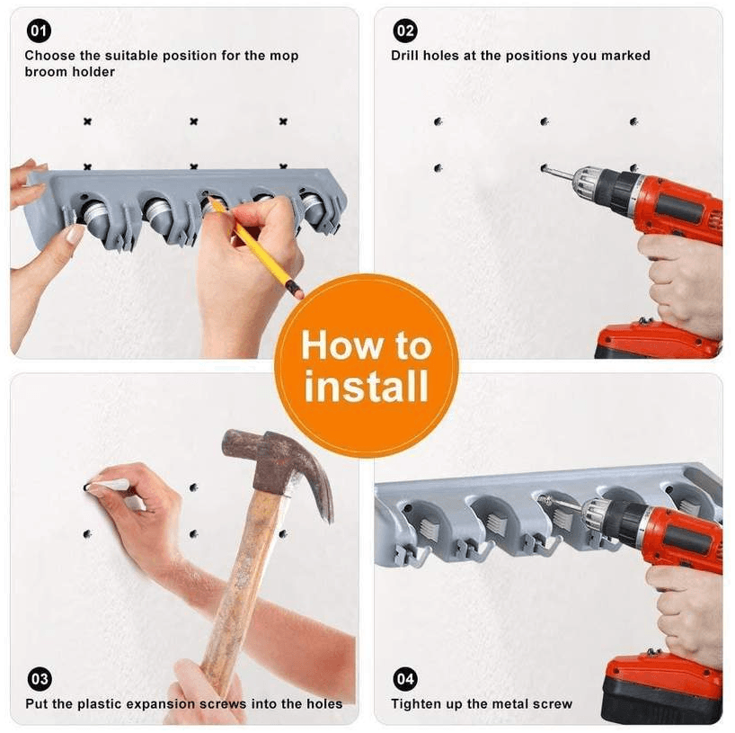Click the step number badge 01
39,31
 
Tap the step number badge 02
405,31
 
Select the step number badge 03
39,678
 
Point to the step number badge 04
405,678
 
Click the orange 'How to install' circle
366,365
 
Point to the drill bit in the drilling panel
559,172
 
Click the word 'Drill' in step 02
405,56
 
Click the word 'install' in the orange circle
366,386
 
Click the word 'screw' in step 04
553,704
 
